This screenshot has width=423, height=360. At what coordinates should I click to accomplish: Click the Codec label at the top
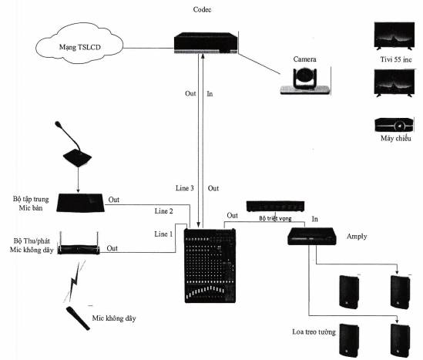tap(202, 10)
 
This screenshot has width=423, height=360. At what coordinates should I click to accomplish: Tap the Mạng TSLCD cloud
tap(79, 43)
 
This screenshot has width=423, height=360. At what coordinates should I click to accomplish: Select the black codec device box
tap(206, 42)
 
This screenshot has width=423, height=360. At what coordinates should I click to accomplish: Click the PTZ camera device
tap(305, 81)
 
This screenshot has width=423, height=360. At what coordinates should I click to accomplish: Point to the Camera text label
tap(304, 59)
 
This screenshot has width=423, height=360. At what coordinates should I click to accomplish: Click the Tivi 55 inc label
tap(396, 59)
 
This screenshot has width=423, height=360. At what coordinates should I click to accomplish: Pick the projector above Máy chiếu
tap(394, 125)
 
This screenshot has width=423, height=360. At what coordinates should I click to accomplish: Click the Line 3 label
tap(185, 188)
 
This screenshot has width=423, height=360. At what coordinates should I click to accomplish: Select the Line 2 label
tap(164, 211)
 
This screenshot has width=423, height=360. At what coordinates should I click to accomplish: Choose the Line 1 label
tap(163, 234)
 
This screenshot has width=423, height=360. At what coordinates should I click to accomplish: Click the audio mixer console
tap(210, 266)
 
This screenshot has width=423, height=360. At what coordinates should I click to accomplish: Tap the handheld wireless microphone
tap(78, 318)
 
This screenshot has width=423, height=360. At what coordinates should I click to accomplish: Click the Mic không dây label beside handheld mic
tap(114, 318)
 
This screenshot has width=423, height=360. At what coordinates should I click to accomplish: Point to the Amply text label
tap(357, 237)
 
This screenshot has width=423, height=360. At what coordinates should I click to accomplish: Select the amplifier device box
tap(312, 237)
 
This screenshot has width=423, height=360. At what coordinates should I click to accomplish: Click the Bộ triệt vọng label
tap(275, 218)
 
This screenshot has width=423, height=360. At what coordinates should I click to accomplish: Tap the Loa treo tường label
tap(314, 331)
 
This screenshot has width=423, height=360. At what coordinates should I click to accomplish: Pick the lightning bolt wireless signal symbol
tap(75, 281)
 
